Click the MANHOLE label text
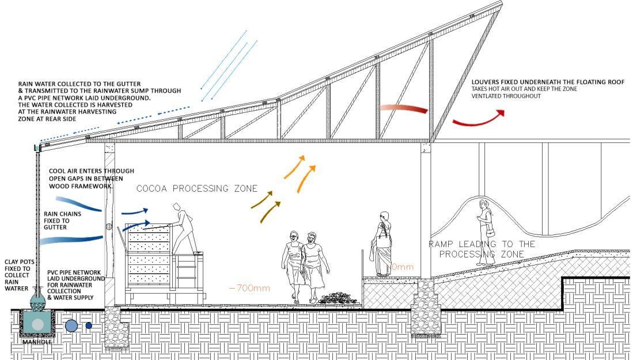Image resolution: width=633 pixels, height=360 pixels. [x=37, y=342]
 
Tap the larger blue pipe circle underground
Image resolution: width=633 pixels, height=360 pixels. [x=71, y=325]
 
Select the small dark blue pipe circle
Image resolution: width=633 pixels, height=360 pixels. [x=89, y=325]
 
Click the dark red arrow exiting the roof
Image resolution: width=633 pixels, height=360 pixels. [x=478, y=119]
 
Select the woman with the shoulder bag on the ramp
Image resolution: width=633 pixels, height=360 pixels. [x=485, y=232]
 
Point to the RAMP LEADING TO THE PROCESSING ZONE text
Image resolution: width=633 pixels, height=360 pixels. [x=482, y=249]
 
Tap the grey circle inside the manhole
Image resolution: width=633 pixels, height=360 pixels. [x=37, y=324]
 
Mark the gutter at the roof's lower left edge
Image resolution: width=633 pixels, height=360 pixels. [x=37, y=147]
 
